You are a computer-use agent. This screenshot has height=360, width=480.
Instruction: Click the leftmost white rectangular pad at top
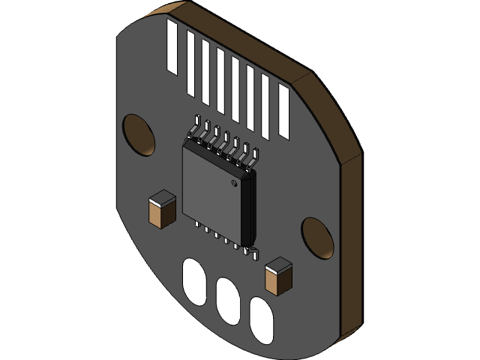172,47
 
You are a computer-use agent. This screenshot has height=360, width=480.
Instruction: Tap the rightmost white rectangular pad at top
283,111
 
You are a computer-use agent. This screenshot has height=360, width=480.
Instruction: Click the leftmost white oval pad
193,282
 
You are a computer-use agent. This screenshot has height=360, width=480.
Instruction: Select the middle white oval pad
228,301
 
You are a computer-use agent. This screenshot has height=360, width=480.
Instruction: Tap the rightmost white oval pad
261,320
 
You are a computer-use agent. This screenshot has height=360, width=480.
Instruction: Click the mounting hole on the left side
139,136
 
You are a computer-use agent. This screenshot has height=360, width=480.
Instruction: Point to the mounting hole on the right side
317,238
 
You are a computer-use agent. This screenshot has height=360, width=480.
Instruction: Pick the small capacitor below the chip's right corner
278,276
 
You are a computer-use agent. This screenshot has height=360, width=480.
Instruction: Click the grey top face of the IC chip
211,190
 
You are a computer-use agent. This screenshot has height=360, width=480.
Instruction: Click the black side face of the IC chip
247,210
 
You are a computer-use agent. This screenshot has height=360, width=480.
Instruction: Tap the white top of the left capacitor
162,199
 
